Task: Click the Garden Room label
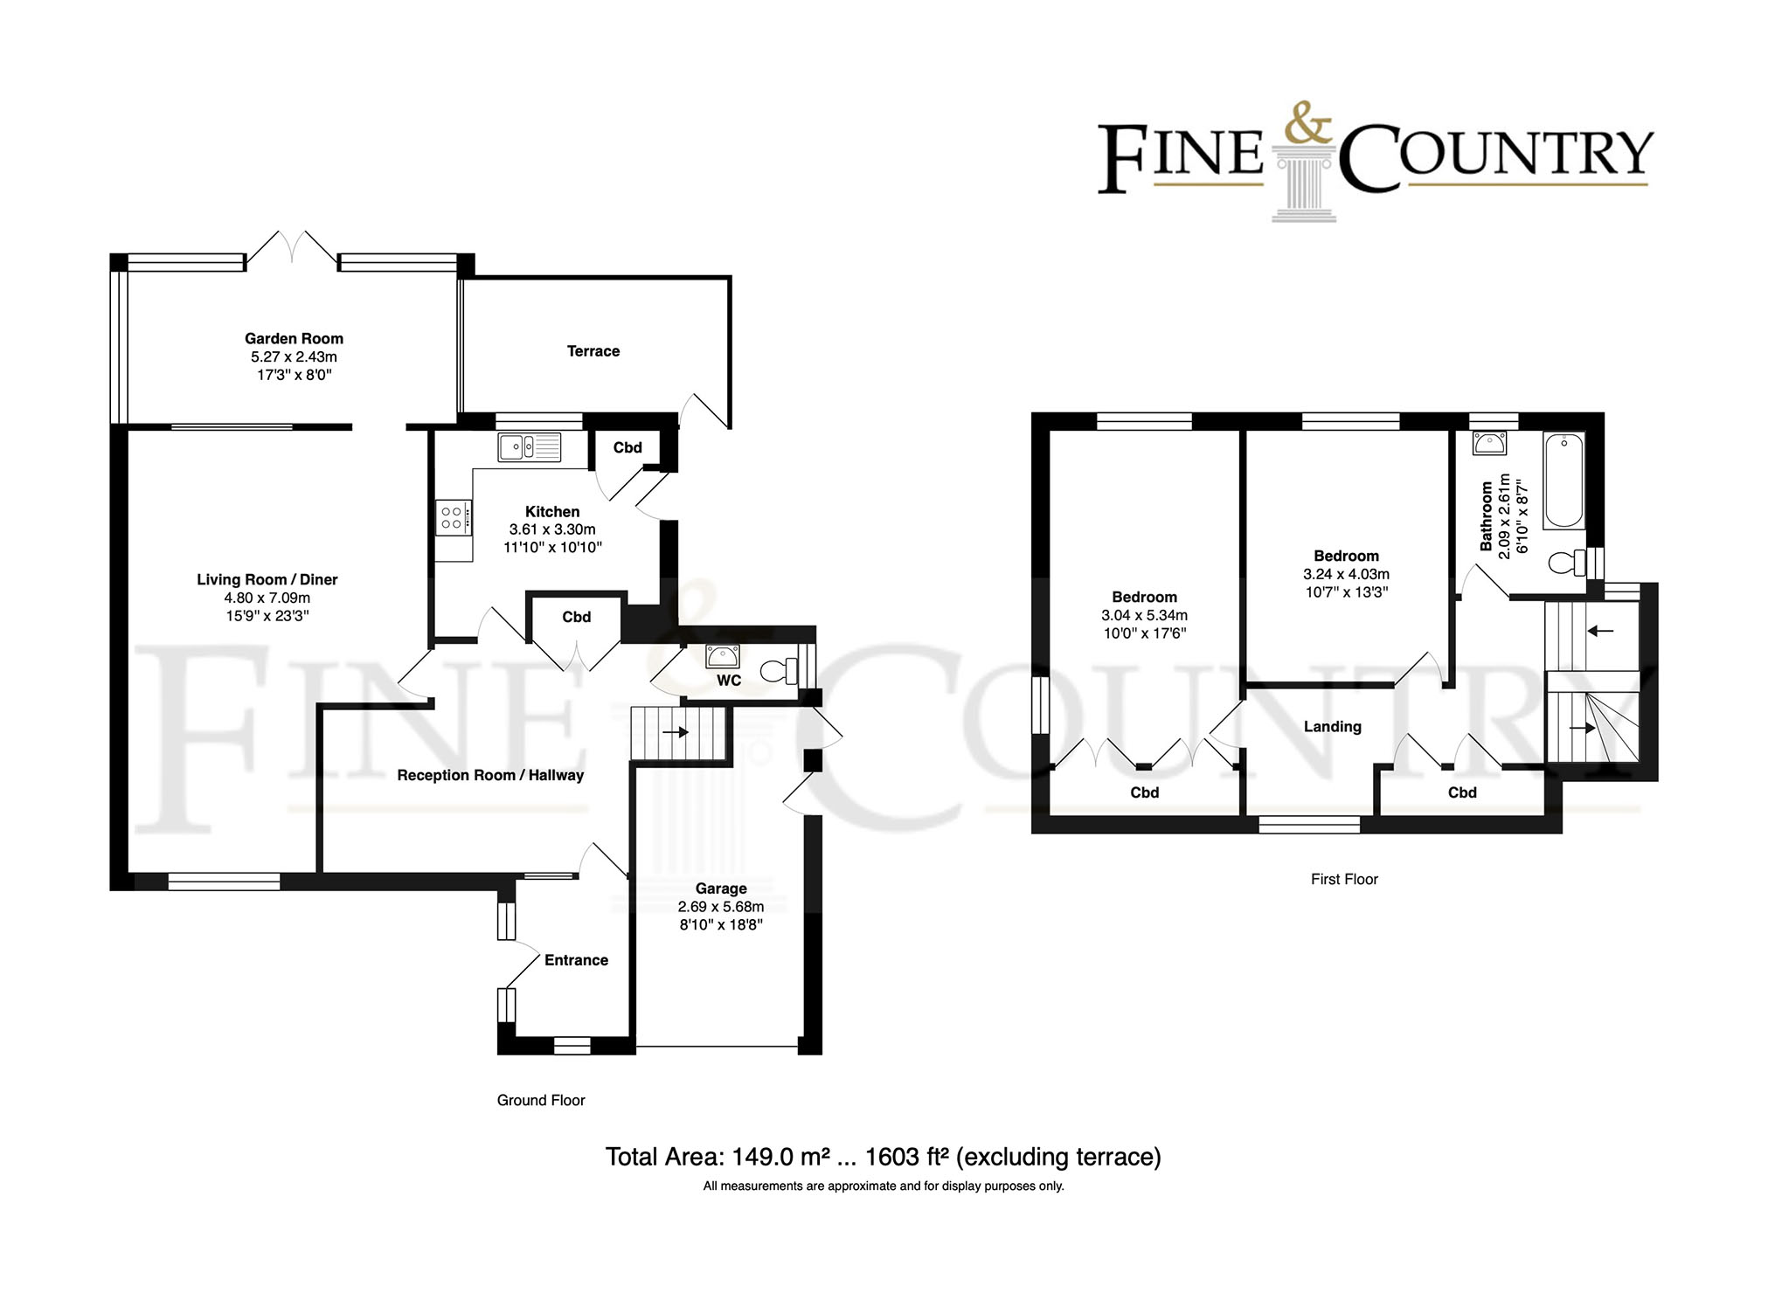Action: pyautogui.click(x=294, y=339)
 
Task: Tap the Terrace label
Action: pyautogui.click(x=593, y=351)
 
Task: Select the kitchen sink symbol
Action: pyautogui.click(x=530, y=447)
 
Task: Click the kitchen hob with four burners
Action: pyautogui.click(x=453, y=516)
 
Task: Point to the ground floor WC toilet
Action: pyautogui.click(x=778, y=671)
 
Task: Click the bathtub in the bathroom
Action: pyautogui.click(x=1563, y=481)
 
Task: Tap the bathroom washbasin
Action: pyautogui.click(x=1489, y=443)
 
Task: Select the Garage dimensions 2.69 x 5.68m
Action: pyautogui.click(x=721, y=907)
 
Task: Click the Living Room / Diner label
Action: pyautogui.click(x=267, y=579)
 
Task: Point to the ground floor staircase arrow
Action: pyautogui.click(x=676, y=732)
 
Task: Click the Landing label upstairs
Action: pyautogui.click(x=1332, y=727)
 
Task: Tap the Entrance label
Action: pyautogui.click(x=576, y=960)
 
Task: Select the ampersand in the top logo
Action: pyautogui.click(x=1308, y=126)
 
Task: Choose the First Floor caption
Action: pyautogui.click(x=1343, y=880)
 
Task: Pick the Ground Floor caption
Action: pyautogui.click(x=541, y=1101)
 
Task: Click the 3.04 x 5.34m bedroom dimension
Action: pyautogui.click(x=1144, y=616)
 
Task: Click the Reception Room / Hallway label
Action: pyautogui.click(x=489, y=776)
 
